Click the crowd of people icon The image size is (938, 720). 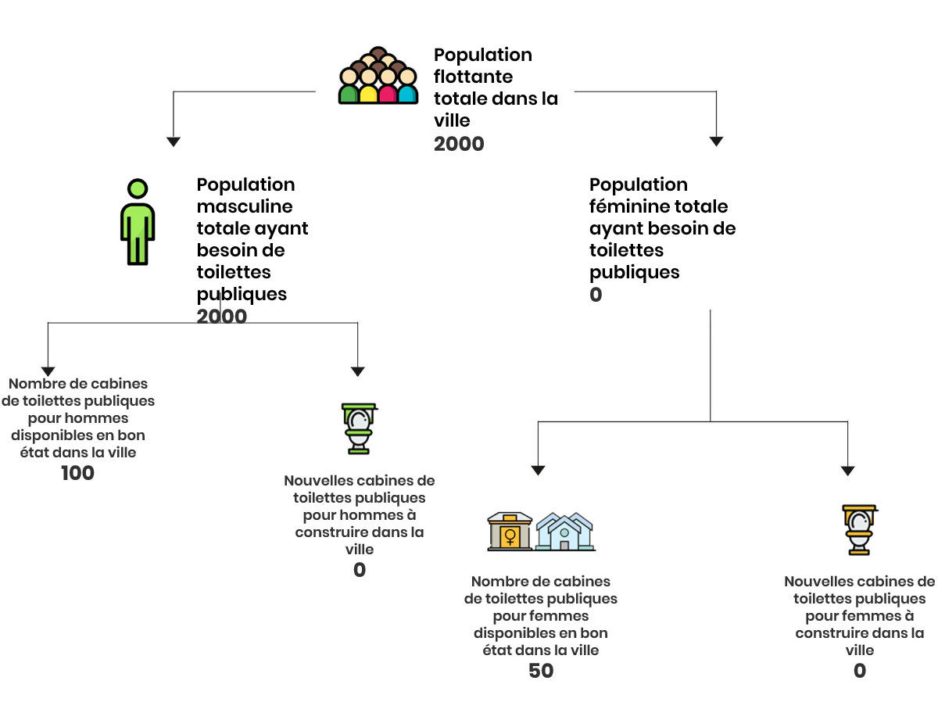coord(378,75)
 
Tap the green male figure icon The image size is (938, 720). coord(138,222)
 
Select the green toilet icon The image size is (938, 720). coord(359,428)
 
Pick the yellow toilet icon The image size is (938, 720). coord(859,529)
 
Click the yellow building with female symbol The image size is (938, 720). coord(510,532)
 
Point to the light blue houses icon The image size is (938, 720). coord(564,532)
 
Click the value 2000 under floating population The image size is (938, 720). coord(459,144)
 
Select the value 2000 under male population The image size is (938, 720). coord(222,317)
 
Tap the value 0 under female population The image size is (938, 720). coord(596,295)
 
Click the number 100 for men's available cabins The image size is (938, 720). coord(77,473)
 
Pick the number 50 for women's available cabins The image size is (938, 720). coord(541,671)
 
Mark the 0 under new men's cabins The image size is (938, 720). coord(360,570)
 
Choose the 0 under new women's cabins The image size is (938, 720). coord(859,671)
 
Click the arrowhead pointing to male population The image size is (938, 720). coord(173,142)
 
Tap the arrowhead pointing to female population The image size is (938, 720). coord(716,141)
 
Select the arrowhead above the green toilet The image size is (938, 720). coord(357,371)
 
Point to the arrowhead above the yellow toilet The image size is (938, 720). coord(848,471)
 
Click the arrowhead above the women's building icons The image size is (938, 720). coord(538,471)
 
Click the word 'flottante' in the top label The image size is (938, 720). coord(473,77)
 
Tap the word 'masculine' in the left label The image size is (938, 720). coord(245,206)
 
